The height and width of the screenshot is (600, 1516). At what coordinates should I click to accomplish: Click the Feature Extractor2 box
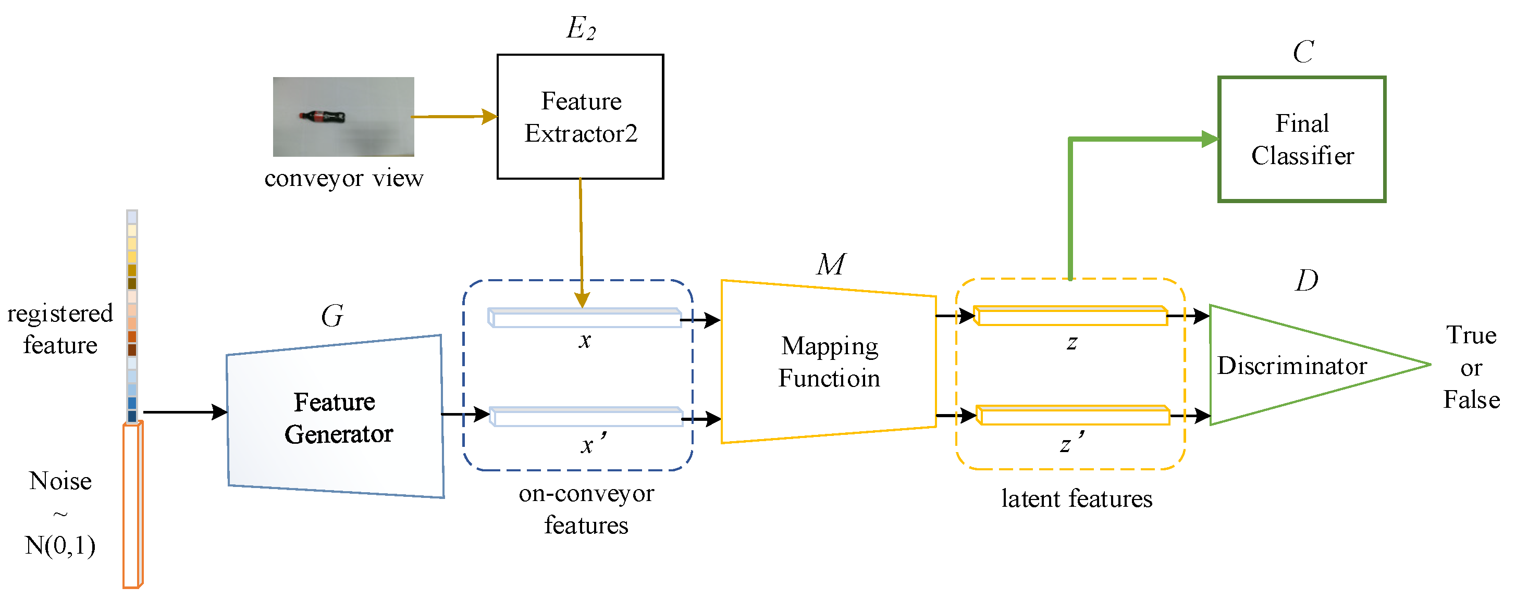pos(580,117)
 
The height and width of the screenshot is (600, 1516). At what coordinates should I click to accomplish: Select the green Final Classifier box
pos(1301,140)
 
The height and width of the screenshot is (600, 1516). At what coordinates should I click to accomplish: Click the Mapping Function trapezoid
pos(829,361)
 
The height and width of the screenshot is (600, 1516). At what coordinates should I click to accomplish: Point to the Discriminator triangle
pos(1289,365)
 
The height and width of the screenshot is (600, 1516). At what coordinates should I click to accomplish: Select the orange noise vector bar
pos(132,506)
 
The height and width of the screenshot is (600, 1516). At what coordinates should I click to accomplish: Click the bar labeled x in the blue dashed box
pos(584,318)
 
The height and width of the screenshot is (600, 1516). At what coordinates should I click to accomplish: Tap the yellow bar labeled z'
pos(1073,415)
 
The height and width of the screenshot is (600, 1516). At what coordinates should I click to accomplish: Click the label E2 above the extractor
pos(580,28)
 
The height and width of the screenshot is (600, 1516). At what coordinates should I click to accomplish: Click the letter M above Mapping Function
pos(830,264)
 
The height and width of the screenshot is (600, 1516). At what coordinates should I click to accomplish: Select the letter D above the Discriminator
pos(1306,280)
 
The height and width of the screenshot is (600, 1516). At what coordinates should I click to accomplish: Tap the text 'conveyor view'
pos(343,178)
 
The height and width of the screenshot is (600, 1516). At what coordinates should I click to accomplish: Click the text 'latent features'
pos(1076,498)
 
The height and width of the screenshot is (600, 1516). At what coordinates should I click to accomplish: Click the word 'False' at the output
pos(1471,399)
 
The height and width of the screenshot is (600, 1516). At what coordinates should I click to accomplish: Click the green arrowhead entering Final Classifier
pos(1210,140)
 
